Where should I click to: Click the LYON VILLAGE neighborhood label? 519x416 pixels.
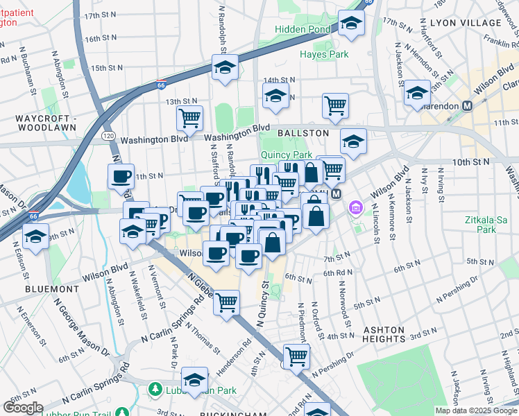pyautogui.click(x=465, y=23)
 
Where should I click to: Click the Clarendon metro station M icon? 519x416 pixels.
pyautogui.click(x=467, y=105)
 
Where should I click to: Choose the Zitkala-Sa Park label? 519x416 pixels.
pyautogui.click(x=487, y=225)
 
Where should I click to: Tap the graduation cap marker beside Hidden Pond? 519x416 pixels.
pyautogui.click(x=352, y=25)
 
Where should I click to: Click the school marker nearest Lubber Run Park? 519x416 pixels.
pyautogui.click(x=195, y=380)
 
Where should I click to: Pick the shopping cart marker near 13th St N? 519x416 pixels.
pyautogui.click(x=189, y=117)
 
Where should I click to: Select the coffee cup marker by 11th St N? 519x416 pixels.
pyautogui.click(x=121, y=176)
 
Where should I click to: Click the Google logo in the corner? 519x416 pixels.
pyautogui.click(x=23, y=408)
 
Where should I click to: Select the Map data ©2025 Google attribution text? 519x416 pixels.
pyautogui.click(x=475, y=410)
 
